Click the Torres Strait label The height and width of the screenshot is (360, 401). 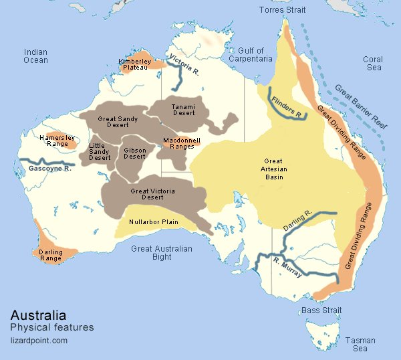[x=287, y=10]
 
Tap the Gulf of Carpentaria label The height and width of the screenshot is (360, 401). [x=251, y=55]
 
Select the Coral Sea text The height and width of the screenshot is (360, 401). [x=373, y=64]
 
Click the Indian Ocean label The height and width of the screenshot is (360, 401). [x=35, y=56]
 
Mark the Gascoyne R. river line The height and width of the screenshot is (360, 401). [x=47, y=162]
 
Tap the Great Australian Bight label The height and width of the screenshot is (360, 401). [x=161, y=253]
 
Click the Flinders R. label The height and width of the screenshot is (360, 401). [x=286, y=106]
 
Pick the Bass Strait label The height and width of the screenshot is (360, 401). [x=321, y=310]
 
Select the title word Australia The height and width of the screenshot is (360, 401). [x=38, y=314]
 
